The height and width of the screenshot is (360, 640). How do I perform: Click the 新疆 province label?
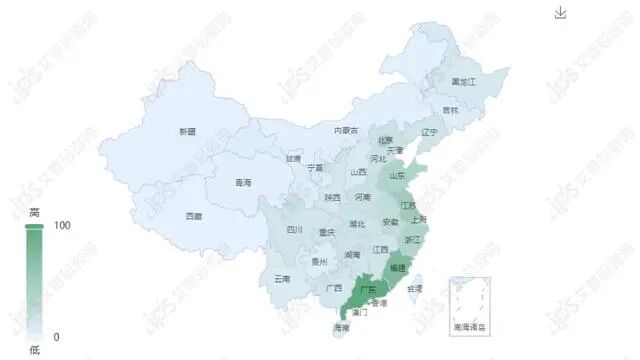187,132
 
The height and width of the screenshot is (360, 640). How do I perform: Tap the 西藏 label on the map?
193,216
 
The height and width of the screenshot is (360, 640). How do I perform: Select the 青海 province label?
243,183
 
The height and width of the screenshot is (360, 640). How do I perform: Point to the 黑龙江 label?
464,80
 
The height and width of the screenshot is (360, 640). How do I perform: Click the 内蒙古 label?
346,130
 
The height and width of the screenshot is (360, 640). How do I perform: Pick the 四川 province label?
294,230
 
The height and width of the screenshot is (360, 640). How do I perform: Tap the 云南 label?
282,279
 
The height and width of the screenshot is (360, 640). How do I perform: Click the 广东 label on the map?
367,289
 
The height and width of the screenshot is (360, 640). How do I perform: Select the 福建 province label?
398,268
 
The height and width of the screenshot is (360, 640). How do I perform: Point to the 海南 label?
341,328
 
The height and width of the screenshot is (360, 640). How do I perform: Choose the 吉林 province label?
451,110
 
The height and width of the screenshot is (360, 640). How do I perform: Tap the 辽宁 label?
430,132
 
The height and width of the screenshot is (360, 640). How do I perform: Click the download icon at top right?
560,12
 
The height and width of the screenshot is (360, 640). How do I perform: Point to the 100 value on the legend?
62,226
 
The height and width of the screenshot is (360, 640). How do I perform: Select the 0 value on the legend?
56,337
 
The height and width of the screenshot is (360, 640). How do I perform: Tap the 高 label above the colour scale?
34,212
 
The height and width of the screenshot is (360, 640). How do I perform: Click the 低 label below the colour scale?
34,350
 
